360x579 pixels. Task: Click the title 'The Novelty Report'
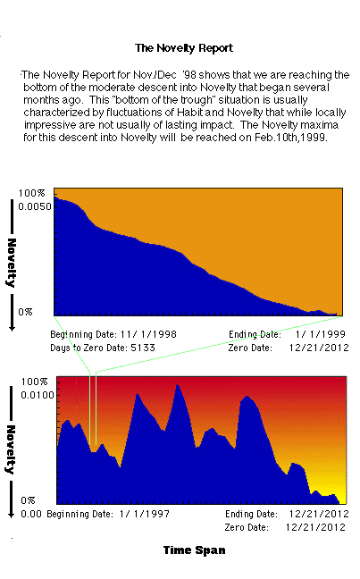[x=184, y=48]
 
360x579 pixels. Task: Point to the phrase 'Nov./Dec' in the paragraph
[x=155, y=75]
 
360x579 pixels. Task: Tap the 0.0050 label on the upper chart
[x=35, y=206]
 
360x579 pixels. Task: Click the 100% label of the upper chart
[x=31, y=193]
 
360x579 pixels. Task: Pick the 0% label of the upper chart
[x=25, y=312]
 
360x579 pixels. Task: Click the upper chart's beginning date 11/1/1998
[x=148, y=334]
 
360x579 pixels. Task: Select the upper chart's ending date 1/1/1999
[x=320, y=334]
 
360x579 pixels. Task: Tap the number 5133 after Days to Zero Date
[x=143, y=348]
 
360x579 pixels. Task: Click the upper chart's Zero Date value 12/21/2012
[x=319, y=348]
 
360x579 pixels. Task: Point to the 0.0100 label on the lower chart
[x=38, y=395]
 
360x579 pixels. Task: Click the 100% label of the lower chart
[x=34, y=382]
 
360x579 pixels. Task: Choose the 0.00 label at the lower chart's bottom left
[x=31, y=514]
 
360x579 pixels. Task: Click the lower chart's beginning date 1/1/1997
[x=145, y=514]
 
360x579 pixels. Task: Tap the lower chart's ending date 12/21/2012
[x=319, y=514]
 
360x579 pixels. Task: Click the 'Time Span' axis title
[x=194, y=550]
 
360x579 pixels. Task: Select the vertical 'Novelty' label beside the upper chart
[x=12, y=263]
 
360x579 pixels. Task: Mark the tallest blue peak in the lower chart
[x=177, y=385]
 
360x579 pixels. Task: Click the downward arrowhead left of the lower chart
[x=12, y=515]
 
